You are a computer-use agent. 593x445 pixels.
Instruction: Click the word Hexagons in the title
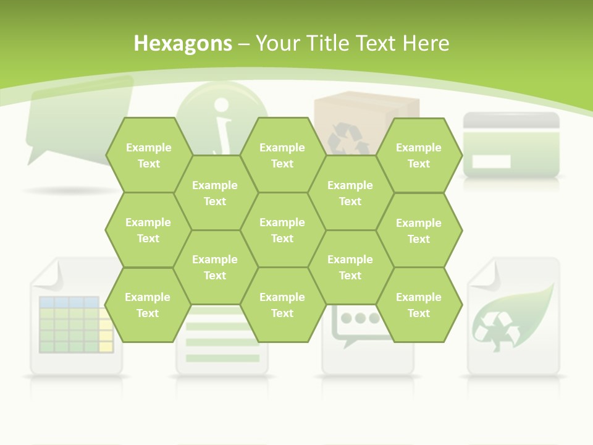coord(183,43)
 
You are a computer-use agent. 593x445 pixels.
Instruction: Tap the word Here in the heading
coord(426,43)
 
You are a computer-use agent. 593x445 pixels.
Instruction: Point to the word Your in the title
coord(277,43)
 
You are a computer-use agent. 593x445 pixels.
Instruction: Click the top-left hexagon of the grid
coord(148,155)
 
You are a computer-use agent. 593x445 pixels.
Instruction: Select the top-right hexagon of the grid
coord(419,155)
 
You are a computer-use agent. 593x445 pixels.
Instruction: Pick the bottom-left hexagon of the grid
coord(148,305)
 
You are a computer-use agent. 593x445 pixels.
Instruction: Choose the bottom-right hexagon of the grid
coord(419,305)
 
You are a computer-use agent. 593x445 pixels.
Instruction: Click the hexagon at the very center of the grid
coord(282,230)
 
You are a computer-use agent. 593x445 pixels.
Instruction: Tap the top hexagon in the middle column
coord(282,155)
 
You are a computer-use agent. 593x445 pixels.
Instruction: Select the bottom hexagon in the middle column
coord(282,305)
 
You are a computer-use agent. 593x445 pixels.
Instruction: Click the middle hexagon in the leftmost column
coord(148,230)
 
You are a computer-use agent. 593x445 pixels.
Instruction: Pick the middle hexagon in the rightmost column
coord(419,231)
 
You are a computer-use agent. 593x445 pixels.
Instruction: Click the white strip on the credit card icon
coord(492,162)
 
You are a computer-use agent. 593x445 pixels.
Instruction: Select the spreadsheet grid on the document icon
coord(74,325)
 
